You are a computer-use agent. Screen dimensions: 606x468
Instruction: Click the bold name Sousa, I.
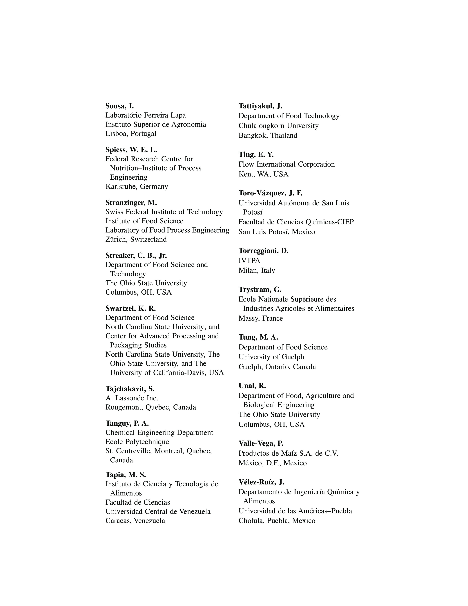coord(119,106)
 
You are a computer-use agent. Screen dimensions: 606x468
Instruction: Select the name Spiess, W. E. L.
coord(131,150)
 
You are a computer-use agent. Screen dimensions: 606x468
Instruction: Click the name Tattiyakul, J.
coord(260,106)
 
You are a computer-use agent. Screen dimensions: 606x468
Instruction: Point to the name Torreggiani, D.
coord(263,251)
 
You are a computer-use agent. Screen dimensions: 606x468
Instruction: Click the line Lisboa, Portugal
coord(131,134)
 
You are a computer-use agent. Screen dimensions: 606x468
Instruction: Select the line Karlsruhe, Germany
coord(137,186)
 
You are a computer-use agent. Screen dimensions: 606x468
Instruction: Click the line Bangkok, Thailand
coord(268,135)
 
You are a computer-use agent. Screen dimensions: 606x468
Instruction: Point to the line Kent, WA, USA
coord(263,174)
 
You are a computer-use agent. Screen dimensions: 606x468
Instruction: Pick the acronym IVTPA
coord(249,261)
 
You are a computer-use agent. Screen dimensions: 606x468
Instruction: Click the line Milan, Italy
coord(257,270)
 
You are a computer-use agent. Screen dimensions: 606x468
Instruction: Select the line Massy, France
coord(261,318)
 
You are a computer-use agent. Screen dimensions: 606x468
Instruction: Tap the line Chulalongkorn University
coord(278,126)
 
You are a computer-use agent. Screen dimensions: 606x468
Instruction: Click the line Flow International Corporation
coord(286,164)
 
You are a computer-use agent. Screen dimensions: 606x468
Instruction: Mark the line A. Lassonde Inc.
coord(132,398)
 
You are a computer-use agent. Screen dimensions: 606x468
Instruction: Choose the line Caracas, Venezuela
coord(135,521)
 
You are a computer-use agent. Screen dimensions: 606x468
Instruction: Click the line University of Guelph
coord(271,357)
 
